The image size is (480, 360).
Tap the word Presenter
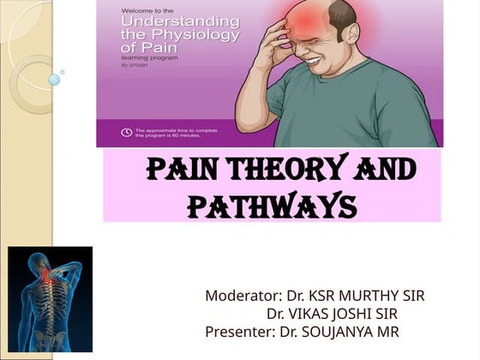coord(236,332)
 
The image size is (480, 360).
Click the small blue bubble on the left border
coord(53,80)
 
